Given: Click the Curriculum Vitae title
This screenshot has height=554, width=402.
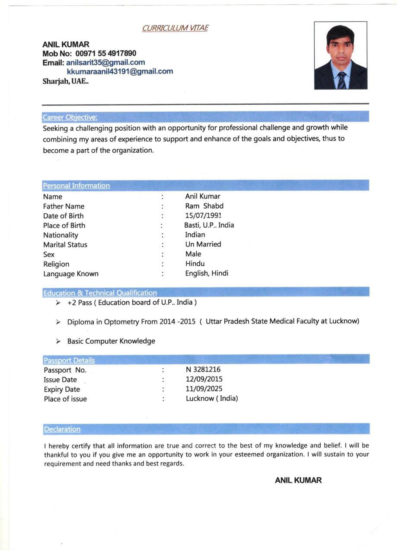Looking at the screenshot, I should (x=175, y=28).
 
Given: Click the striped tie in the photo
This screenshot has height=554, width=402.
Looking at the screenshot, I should (x=341, y=80).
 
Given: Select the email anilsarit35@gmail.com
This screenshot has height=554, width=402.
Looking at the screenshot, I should (x=105, y=62).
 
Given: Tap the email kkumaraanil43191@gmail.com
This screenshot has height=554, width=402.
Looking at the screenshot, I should (x=120, y=71).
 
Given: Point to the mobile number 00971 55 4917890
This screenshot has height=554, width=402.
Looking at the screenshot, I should (x=106, y=53).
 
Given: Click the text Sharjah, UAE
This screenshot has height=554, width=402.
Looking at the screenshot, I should (x=65, y=81).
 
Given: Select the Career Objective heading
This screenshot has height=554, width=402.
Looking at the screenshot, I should (x=70, y=117).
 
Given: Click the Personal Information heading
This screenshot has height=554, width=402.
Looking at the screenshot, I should (x=76, y=186).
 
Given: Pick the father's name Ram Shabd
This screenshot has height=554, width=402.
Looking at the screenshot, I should (x=204, y=206).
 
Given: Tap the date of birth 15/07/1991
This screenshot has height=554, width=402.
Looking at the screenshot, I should (x=203, y=216).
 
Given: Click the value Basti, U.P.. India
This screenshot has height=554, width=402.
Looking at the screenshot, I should (x=209, y=225).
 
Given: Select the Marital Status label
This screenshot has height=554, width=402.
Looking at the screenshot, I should (x=65, y=245).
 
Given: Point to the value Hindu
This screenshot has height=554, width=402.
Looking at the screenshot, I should (x=195, y=264).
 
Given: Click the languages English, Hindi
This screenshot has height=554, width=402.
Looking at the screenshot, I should (x=207, y=273).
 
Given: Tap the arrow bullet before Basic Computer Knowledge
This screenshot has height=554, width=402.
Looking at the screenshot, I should (x=58, y=341).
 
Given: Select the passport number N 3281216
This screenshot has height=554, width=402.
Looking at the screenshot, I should (x=203, y=370).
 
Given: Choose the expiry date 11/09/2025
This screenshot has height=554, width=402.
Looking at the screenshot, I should (x=204, y=389).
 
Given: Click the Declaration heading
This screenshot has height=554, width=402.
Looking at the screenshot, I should (x=62, y=429).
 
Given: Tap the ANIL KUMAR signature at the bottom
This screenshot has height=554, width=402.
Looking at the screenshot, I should (x=298, y=480).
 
